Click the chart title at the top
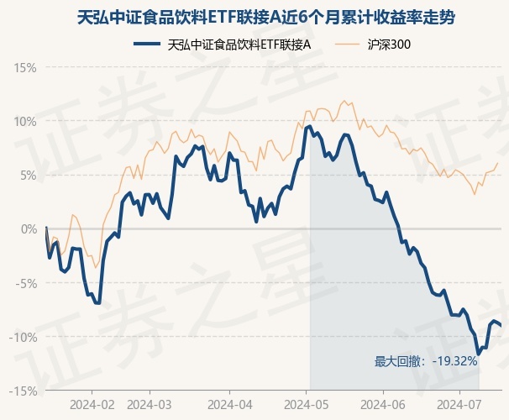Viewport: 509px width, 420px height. coord(254,18)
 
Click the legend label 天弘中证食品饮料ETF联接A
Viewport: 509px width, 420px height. coord(239,44)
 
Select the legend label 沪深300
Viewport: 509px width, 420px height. coord(389,44)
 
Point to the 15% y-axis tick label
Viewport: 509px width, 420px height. coord(25,67)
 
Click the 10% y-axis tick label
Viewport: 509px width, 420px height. coord(25,121)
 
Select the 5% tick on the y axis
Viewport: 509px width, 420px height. coord(28,175)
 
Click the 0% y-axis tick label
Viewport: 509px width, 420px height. coord(28,228)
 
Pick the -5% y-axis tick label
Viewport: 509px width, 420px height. coord(26,283)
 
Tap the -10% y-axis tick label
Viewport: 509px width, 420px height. coord(24,337)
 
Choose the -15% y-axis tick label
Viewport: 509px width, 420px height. coord(24,391)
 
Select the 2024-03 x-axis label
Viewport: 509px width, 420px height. coord(149,403)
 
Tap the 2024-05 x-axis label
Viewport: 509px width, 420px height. coord(307,403)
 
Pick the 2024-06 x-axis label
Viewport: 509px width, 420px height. coord(382,403)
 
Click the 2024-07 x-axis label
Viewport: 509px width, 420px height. coord(459,403)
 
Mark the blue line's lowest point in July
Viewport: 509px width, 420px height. coord(478,354)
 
